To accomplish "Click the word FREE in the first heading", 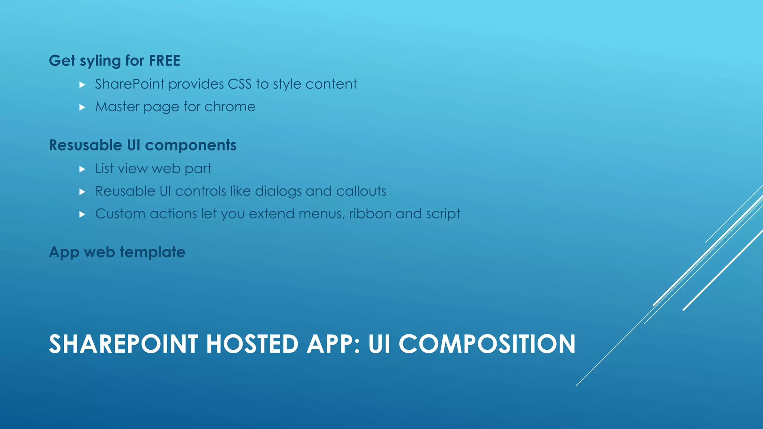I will click(x=164, y=61).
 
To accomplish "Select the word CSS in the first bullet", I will click(x=240, y=84).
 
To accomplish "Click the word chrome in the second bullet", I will click(x=230, y=107).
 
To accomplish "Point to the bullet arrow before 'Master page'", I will click(x=82, y=108).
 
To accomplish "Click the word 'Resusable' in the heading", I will click(x=85, y=145).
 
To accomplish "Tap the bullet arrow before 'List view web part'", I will click(x=82, y=169).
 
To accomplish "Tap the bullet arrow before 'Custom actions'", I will click(x=82, y=214).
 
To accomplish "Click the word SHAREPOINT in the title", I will click(x=123, y=344).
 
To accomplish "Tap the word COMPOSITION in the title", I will click(x=487, y=344).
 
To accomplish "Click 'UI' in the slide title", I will click(x=379, y=344).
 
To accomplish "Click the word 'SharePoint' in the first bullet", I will click(x=130, y=84).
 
